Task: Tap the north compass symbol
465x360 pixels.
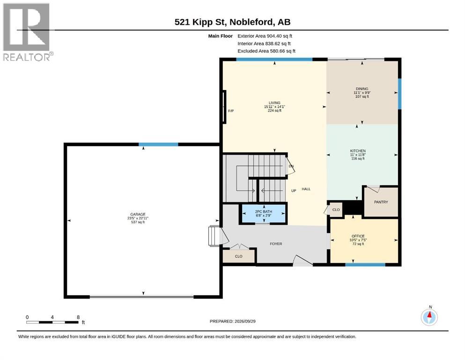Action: (x=429, y=317)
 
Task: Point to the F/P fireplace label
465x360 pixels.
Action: (x=231, y=111)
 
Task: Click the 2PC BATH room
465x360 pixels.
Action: (x=263, y=214)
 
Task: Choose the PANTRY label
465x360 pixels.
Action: (x=381, y=202)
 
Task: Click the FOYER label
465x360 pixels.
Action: (x=276, y=244)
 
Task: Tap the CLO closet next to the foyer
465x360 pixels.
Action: (x=239, y=256)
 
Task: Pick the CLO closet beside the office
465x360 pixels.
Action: (x=336, y=210)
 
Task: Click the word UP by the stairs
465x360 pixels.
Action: (x=294, y=191)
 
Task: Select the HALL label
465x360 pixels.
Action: (x=306, y=189)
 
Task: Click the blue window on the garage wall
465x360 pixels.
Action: (x=158, y=144)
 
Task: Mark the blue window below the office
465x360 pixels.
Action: (x=365, y=264)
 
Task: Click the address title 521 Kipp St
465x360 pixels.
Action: (x=200, y=22)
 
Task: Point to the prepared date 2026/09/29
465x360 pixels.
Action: (x=245, y=322)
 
